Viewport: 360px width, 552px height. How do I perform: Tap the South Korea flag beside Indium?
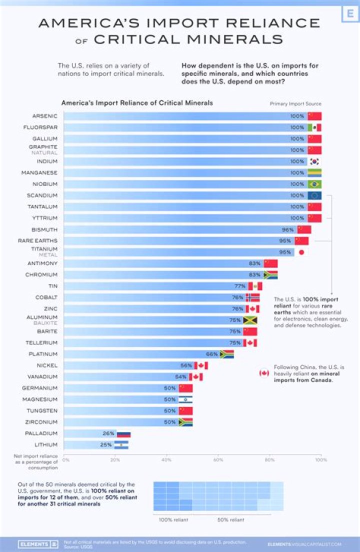[x=314, y=161]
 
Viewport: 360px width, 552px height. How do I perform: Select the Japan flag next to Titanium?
[x=301, y=252]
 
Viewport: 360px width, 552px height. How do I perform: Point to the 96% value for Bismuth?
[x=287, y=229]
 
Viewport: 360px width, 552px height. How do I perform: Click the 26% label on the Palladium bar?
[x=108, y=433]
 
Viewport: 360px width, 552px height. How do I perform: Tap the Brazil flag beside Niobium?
[x=314, y=184]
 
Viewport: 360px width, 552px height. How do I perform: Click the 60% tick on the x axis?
[x=218, y=459]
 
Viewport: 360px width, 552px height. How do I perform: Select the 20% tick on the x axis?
[x=115, y=459]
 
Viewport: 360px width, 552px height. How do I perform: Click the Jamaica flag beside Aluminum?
[x=250, y=320]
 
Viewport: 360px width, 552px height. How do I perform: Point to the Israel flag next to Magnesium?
[x=185, y=399]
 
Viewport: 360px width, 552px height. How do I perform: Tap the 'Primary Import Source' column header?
[x=295, y=103]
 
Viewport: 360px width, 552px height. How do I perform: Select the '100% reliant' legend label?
[x=173, y=520]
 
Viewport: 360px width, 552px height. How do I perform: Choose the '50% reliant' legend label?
[x=230, y=520]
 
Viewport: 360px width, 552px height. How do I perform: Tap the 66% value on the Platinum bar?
[x=212, y=354]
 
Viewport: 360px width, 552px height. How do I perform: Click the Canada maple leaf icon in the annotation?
[x=263, y=373]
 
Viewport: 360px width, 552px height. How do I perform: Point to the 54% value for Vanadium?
[x=181, y=376]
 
